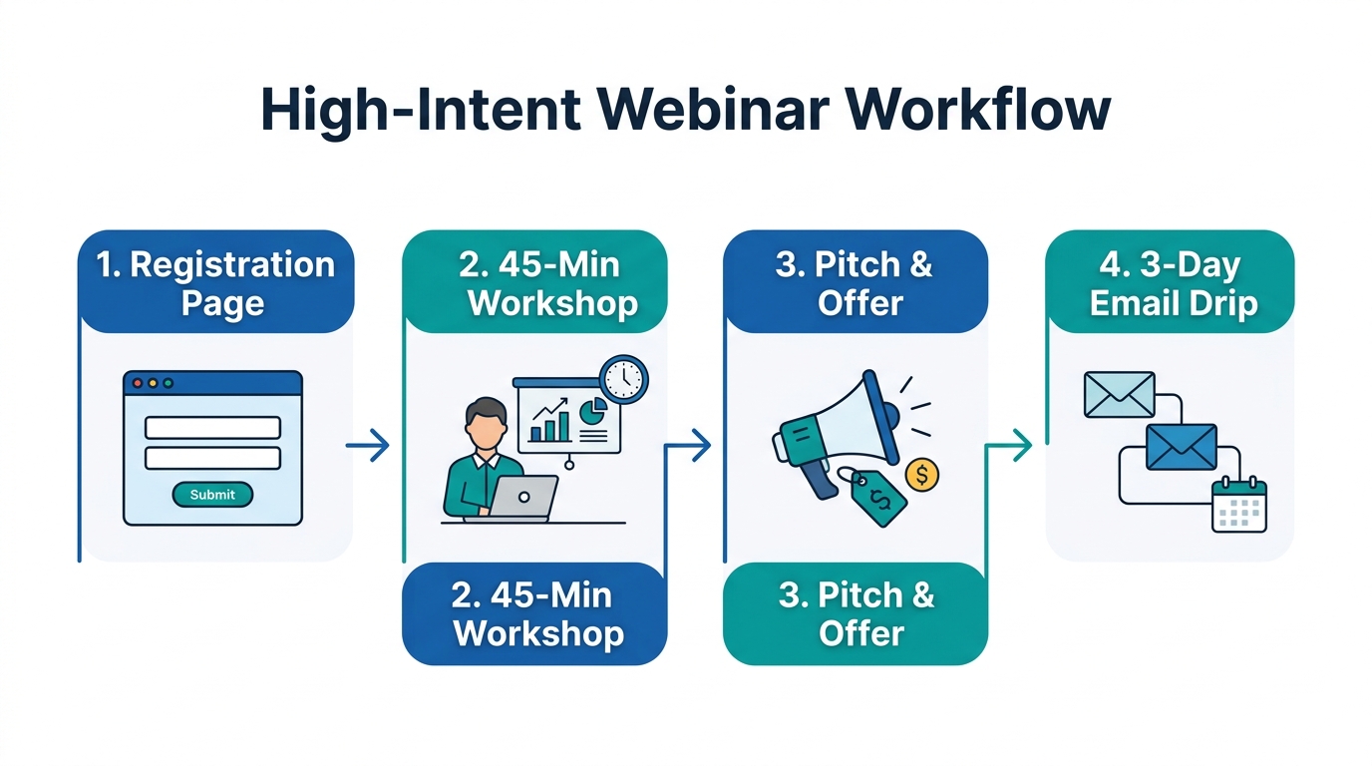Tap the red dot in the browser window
coord(138,383)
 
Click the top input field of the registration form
coord(212,428)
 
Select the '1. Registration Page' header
coord(215,282)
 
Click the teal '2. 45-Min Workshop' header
coord(535,282)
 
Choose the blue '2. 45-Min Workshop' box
coord(535,614)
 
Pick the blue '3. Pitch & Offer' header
coord(856,282)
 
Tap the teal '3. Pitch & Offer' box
coord(856,614)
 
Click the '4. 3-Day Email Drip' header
coord(1171,282)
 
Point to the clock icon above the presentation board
coord(624,379)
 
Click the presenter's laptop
coord(523,497)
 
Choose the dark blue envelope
coord(1182,446)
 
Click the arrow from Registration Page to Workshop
coord(368,446)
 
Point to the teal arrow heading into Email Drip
coord(1012,446)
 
